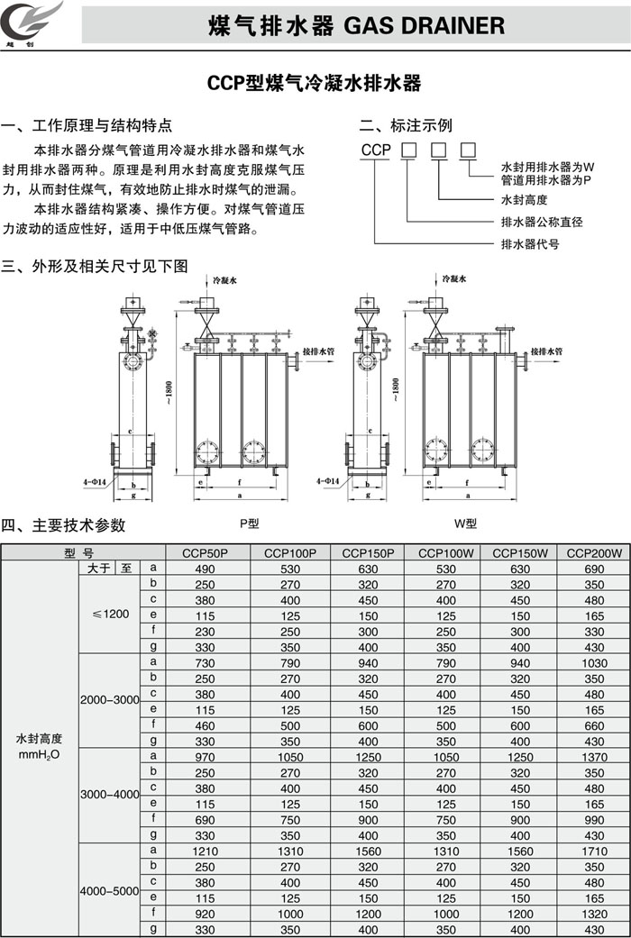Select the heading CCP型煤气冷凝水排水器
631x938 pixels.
click(315, 84)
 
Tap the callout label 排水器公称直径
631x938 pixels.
click(541, 222)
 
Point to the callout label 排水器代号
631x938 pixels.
click(530, 244)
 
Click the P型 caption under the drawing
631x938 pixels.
click(249, 523)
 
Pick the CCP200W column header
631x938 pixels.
click(594, 553)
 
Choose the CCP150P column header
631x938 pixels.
click(368, 553)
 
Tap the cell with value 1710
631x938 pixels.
click(594, 851)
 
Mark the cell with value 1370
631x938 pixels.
click(594, 756)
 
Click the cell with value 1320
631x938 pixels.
click(594, 913)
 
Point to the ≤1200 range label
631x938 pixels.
click(111, 614)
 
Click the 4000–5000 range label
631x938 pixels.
click(110, 890)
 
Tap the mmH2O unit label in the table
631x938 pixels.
click(39, 754)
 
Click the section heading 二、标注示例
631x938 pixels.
click(406, 125)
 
